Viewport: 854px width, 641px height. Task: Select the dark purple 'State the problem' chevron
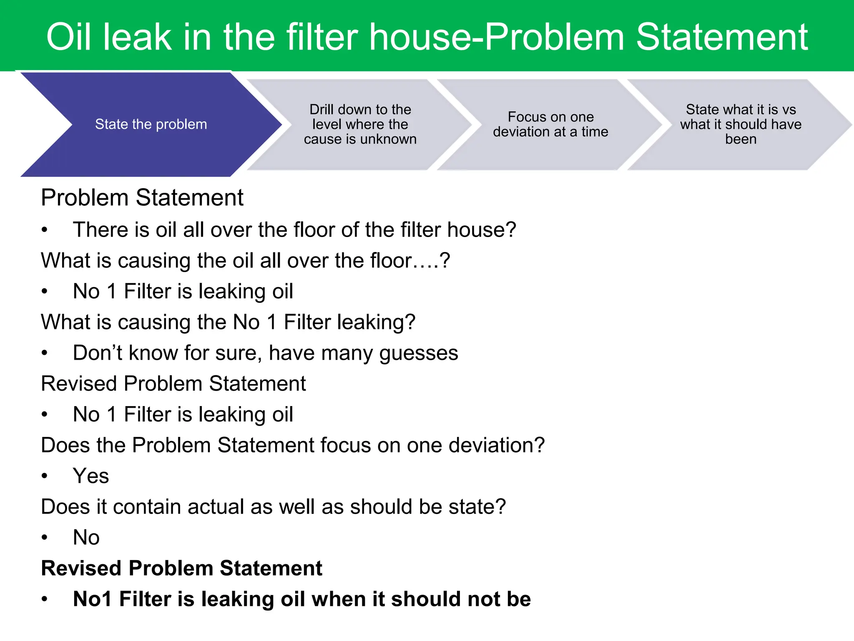pos(151,124)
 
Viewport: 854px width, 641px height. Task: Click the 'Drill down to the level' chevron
pos(360,124)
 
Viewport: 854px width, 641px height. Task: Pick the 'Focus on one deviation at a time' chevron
pos(550,124)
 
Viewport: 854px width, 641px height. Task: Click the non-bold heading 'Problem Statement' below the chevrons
pos(142,198)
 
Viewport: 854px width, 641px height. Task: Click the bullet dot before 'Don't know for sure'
pos(45,353)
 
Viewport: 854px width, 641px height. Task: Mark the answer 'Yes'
pos(91,476)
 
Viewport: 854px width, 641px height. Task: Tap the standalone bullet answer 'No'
pos(86,538)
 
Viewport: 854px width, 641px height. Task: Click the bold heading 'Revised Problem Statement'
pos(181,568)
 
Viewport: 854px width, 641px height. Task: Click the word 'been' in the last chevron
pos(741,139)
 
